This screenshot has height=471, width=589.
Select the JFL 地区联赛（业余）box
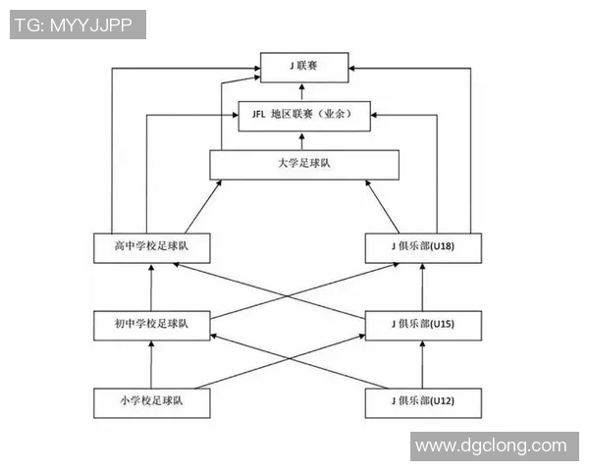coord(303,116)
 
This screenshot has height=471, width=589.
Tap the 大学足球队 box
coord(304,164)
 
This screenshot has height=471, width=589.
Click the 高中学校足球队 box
coord(152,247)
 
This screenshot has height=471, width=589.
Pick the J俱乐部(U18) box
coord(423,247)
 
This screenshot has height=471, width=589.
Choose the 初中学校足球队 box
coord(152,325)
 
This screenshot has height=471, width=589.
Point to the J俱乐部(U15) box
coord(423,325)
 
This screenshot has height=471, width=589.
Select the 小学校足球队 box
coord(152,401)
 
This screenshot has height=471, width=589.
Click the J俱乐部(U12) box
coord(423,401)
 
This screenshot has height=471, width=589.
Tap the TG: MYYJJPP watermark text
coord(77,25)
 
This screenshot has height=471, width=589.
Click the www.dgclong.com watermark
coord(491,445)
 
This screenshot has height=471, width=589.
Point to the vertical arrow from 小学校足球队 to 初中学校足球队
coord(152,364)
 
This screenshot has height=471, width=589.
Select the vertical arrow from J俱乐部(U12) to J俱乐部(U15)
coord(423,364)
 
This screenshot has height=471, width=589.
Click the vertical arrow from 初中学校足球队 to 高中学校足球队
coord(152,287)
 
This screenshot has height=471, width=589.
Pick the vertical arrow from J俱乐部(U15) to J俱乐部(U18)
coord(423,287)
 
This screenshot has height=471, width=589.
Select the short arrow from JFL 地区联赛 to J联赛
coord(303,91)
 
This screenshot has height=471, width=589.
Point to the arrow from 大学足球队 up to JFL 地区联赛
coord(303,139)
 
